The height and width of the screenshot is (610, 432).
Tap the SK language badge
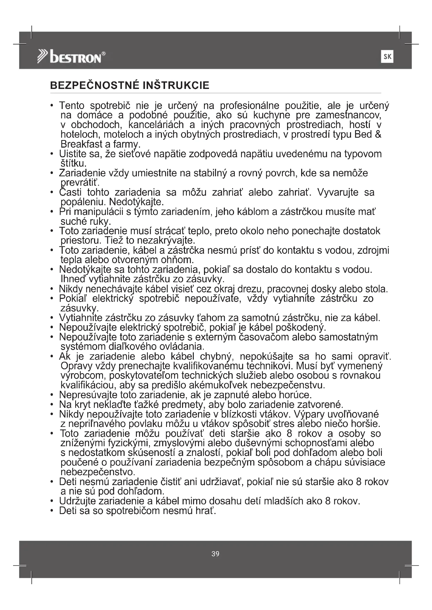(387, 57)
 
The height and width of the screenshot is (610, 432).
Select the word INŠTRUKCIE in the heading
(176, 86)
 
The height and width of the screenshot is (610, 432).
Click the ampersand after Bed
(378, 134)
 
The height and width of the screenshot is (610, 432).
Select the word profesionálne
(249, 106)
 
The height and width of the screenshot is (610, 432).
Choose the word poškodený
(301, 327)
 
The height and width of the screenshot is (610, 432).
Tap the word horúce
(295, 395)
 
